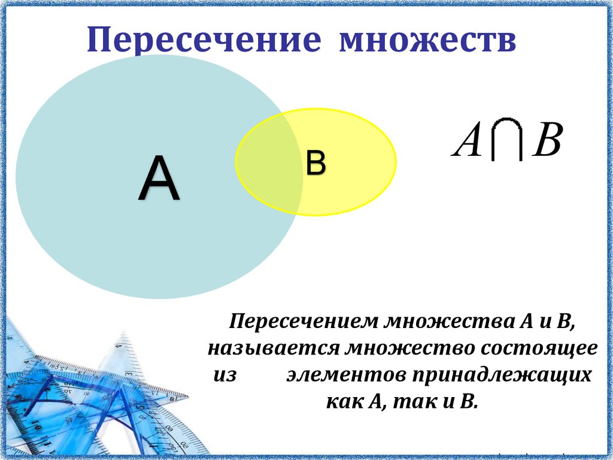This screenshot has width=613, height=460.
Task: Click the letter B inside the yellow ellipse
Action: coord(315,163)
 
